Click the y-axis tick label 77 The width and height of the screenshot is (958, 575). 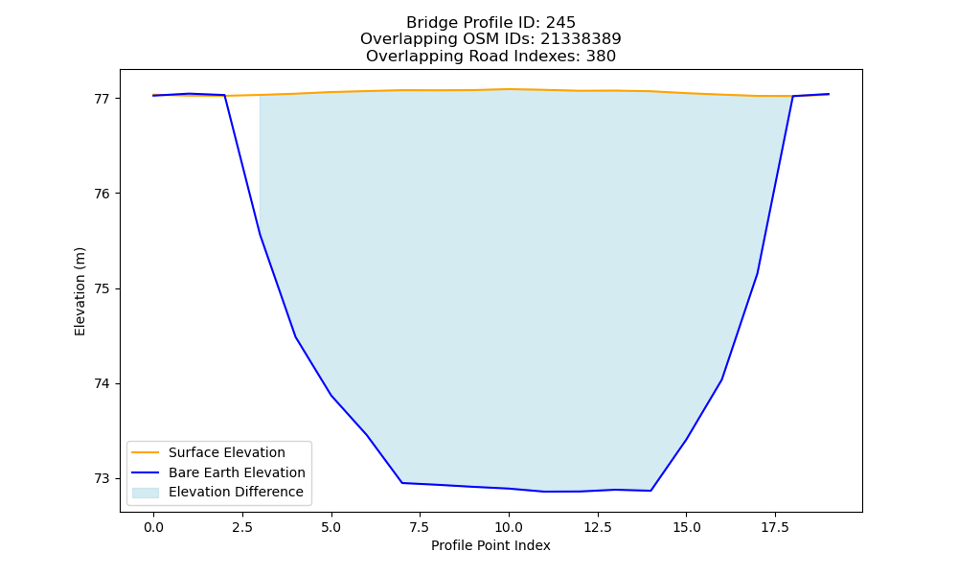pyautogui.click(x=103, y=99)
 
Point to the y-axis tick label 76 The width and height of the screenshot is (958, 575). pyautogui.click(x=103, y=194)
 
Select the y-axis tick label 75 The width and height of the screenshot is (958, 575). pyautogui.click(x=103, y=289)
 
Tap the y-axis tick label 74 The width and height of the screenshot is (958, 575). pyautogui.click(x=103, y=383)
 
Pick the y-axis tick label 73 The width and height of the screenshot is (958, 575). pyautogui.click(x=103, y=479)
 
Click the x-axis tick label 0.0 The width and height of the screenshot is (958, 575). pyautogui.click(x=153, y=527)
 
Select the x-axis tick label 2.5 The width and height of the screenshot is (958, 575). pyautogui.click(x=242, y=527)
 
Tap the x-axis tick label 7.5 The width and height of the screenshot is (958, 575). pyautogui.click(x=420, y=527)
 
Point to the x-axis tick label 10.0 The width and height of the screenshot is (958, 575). pyautogui.click(x=509, y=527)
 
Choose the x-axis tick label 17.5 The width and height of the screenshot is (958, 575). pyautogui.click(x=775, y=527)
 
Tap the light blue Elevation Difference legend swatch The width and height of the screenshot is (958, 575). pyautogui.click(x=146, y=493)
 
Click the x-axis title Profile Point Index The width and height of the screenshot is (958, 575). pyautogui.click(x=490, y=545)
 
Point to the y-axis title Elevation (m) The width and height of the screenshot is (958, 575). pyautogui.click(x=80, y=291)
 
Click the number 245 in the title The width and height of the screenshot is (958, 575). pyautogui.click(x=560, y=23)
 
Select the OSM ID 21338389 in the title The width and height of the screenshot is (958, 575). pyautogui.click(x=581, y=39)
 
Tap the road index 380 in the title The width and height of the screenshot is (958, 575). pyautogui.click(x=601, y=57)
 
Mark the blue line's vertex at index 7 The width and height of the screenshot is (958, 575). pyautogui.click(x=402, y=483)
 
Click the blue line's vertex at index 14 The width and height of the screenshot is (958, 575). pyautogui.click(x=650, y=491)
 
